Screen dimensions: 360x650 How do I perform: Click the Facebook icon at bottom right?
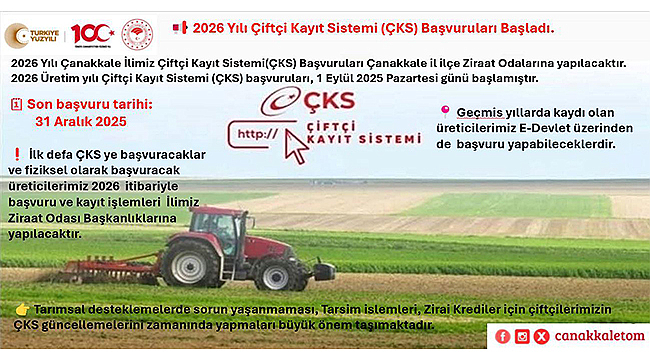coord(502,337)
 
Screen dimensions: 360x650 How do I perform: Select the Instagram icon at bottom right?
coord(522,337)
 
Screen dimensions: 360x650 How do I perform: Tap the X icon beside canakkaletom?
coord(542,337)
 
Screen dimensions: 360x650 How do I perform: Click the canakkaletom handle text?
coord(598,337)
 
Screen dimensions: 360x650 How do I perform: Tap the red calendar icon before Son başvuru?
coord(15,103)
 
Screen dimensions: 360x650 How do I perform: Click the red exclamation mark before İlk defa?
coord(17,155)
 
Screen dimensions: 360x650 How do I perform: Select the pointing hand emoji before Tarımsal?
coord(21,310)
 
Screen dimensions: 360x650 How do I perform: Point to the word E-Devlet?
coord(569,128)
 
